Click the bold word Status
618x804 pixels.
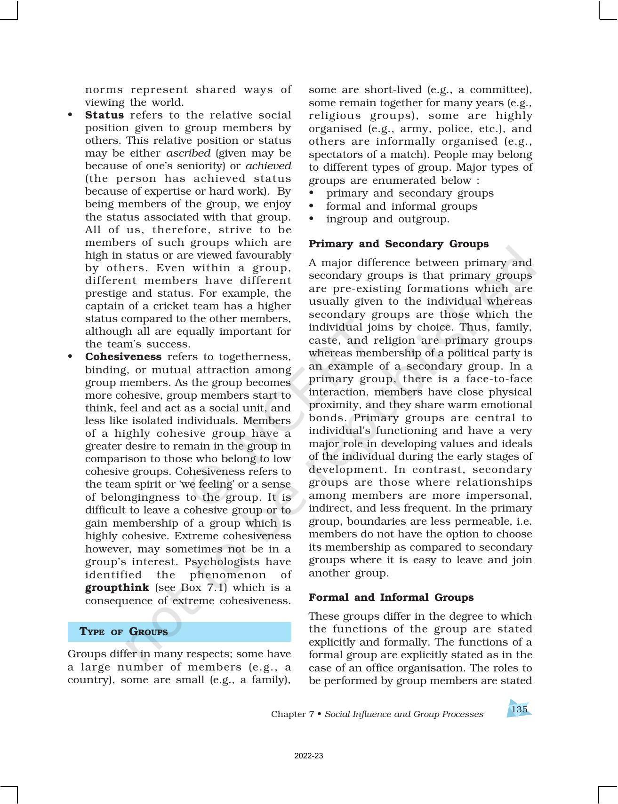104,115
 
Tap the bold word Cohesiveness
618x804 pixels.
123,357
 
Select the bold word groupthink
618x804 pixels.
117,588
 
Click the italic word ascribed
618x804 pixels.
188,153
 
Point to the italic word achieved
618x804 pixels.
268,166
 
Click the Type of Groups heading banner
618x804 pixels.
179,631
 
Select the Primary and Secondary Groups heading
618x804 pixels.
399,244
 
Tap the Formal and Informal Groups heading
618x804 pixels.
391,598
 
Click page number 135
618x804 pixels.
519,709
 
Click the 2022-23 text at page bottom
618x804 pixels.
309,756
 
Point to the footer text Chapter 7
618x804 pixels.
292,714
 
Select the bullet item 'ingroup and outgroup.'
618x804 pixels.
388,219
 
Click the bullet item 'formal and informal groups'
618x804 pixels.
401,206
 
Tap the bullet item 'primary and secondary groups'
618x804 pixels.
409,193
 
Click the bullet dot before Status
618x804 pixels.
71,115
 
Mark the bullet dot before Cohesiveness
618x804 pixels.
71,357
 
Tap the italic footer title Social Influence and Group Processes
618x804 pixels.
404,714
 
